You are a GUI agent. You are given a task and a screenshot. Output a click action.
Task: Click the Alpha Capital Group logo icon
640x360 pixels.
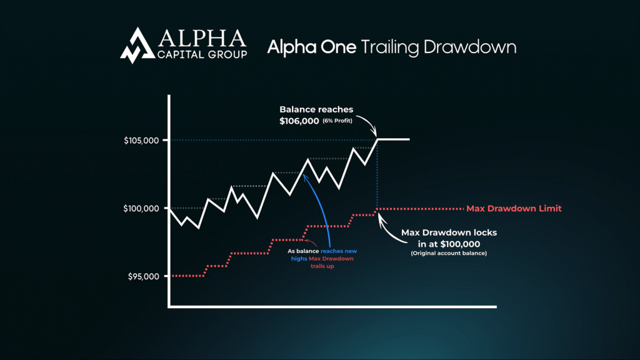pos(136,46)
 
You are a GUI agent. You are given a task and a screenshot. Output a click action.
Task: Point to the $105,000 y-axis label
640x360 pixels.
pos(141,140)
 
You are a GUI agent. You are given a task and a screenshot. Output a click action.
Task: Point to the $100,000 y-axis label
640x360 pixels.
pos(141,208)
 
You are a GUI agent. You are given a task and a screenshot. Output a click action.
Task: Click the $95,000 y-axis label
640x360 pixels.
pos(143,276)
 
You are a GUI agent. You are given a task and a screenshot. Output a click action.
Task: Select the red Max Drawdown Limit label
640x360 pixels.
pos(514,208)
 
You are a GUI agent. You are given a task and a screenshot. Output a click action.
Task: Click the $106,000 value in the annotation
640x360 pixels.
pos(299,120)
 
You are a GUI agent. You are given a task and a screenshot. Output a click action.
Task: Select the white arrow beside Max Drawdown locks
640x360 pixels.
pos(391,226)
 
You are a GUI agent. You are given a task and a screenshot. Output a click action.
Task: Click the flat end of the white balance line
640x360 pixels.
pos(394,139)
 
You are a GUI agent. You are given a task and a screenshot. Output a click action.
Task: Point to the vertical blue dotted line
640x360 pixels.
pos(377,175)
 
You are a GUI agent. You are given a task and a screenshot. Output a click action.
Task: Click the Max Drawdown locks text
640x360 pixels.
pos(449,232)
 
